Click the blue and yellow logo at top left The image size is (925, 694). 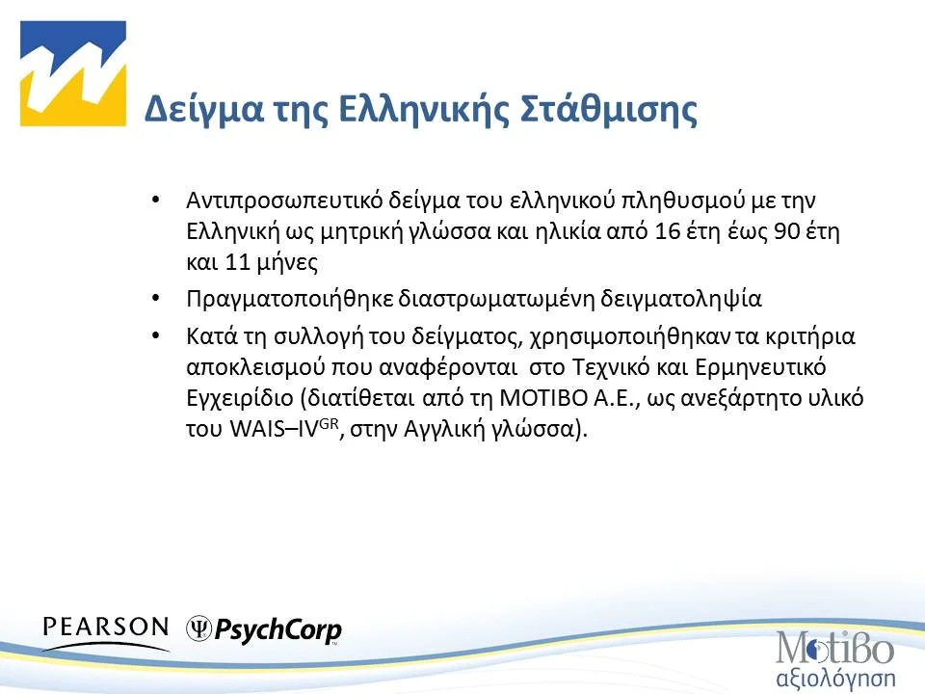point(73,74)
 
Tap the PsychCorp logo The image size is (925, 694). point(264,630)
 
